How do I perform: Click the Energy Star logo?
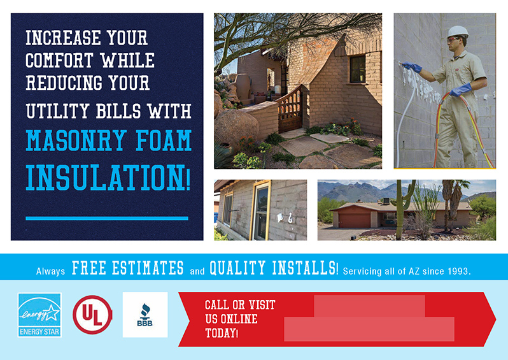[39, 314]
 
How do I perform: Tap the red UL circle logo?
[93, 315]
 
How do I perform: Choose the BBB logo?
[145, 314]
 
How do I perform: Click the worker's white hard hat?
[457, 31]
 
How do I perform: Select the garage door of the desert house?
[354, 220]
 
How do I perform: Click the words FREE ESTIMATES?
[128, 268]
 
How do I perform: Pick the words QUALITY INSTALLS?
[273, 268]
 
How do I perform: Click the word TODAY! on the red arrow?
[221, 333]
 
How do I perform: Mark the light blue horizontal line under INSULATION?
[107, 218]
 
